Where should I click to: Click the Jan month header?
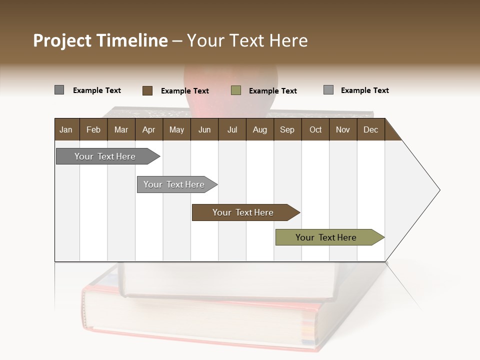pos(66,130)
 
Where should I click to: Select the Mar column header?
pos(121,130)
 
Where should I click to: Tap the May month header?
pos(176,130)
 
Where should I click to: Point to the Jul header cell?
pos(232,130)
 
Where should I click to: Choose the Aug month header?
pos(259,130)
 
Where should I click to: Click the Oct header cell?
pos(315,130)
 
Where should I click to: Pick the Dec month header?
pos(370,130)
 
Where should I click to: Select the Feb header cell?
pos(93,130)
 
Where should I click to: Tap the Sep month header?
pos(287,130)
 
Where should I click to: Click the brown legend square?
pos(147,90)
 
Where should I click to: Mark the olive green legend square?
pos(236,90)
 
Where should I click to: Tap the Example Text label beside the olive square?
pos(272,91)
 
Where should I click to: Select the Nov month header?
pos(342,130)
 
